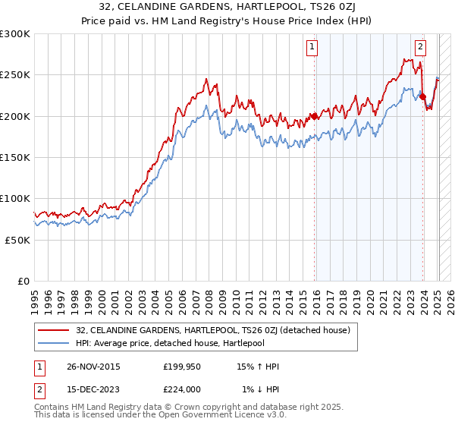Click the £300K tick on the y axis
[x=15, y=34]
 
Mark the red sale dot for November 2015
[x=314, y=116]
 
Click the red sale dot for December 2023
[x=422, y=96]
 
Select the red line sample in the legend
[x=54, y=331]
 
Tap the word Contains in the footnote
[x=53, y=408]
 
